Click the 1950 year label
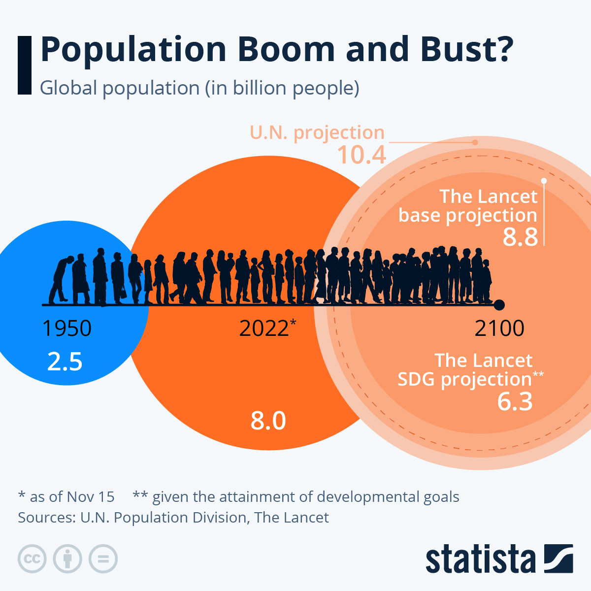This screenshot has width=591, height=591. point(67,328)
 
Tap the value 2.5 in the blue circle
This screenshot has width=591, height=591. point(65,361)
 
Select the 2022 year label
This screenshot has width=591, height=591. point(264,328)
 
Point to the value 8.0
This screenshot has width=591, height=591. point(268,421)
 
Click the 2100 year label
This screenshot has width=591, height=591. point(499,328)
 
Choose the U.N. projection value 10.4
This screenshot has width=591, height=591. point(361,155)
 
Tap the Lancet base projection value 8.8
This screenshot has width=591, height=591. point(520,237)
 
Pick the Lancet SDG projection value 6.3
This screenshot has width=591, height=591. point(515,401)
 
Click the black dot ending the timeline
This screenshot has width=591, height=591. point(499,305)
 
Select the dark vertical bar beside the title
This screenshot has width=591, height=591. point(24,65)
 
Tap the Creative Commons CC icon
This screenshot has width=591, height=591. point(32,559)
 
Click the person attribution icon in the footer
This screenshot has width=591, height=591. point(67,559)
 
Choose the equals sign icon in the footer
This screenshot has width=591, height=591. point(103,559)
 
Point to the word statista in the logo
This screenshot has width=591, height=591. point(480,559)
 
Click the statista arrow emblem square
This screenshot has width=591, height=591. point(558,558)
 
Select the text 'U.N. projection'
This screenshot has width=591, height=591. point(317,132)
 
